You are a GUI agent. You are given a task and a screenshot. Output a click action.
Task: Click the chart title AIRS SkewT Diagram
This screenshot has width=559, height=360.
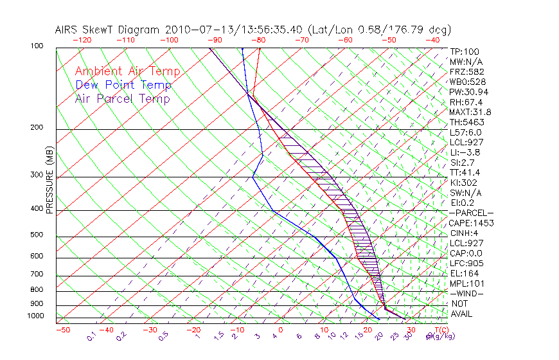[x=109, y=30]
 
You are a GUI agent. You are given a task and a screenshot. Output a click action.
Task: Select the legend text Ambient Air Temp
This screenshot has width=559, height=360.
[x=128, y=71]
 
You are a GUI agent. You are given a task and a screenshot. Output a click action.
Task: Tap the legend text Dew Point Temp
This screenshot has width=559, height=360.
[x=123, y=85]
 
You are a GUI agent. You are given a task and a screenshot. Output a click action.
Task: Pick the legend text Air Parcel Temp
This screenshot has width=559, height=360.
[x=123, y=98]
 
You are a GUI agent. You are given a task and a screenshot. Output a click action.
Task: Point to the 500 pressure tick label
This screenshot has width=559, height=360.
[x=37, y=235]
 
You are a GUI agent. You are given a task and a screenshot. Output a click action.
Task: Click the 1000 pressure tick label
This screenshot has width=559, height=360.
[x=35, y=316]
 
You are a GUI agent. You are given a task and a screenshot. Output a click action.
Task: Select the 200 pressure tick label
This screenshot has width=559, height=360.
[x=37, y=127]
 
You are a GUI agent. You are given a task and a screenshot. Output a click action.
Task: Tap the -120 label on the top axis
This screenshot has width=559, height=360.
[x=82, y=40]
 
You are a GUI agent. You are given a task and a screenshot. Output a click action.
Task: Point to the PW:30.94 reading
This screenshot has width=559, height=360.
[x=468, y=92]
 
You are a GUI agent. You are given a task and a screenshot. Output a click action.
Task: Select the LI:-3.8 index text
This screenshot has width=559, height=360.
[x=465, y=152]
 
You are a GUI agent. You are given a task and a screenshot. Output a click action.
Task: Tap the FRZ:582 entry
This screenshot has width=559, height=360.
[x=466, y=72]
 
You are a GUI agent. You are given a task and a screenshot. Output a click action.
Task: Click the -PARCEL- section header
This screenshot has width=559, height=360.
[x=471, y=213]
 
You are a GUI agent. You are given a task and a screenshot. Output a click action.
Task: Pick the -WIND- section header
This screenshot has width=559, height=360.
[x=467, y=293]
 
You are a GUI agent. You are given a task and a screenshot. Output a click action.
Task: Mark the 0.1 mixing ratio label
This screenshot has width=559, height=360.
[x=91, y=335]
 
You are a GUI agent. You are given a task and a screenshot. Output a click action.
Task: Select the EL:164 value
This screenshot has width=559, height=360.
[x=465, y=273]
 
